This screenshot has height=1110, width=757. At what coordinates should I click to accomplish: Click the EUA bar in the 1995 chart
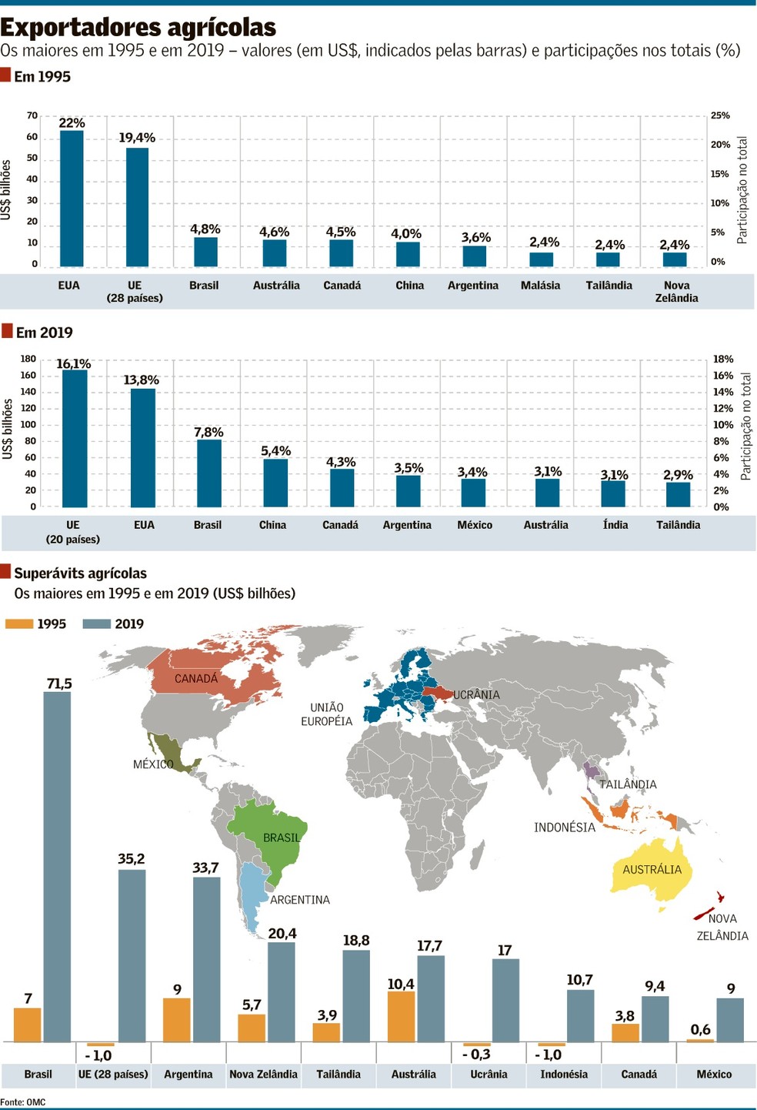click(72, 199)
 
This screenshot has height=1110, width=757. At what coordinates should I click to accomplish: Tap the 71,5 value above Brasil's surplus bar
click(59, 684)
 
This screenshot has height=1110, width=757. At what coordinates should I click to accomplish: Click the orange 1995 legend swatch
click(18, 624)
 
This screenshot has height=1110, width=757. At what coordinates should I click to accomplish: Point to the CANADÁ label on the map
click(196, 678)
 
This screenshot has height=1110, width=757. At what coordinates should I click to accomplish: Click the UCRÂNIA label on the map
click(476, 695)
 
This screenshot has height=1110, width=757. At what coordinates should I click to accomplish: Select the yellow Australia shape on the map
click(652, 871)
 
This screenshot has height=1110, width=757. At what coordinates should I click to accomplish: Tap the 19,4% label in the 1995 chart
click(137, 138)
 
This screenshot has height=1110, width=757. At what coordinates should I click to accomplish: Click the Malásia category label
click(540, 286)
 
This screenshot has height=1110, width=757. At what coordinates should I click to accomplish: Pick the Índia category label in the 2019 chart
click(615, 525)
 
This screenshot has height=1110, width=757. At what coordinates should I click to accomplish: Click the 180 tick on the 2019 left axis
click(28, 359)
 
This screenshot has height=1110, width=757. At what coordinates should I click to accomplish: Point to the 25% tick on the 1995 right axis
click(720, 115)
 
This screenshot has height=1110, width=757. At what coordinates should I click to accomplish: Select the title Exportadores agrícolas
click(138, 28)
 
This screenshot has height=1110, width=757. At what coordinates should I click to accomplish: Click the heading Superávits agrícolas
click(80, 573)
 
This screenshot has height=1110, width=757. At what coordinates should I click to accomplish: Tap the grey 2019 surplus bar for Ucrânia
click(505, 1001)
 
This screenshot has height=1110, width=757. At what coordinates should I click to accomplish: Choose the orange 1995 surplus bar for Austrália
click(401, 1016)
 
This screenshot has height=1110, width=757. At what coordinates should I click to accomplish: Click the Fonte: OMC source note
click(23, 1102)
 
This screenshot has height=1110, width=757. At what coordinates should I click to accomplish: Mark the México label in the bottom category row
click(714, 1074)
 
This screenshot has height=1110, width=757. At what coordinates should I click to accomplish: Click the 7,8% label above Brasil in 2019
click(208, 432)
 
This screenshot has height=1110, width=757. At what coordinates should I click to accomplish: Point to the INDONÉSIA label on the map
click(565, 827)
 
